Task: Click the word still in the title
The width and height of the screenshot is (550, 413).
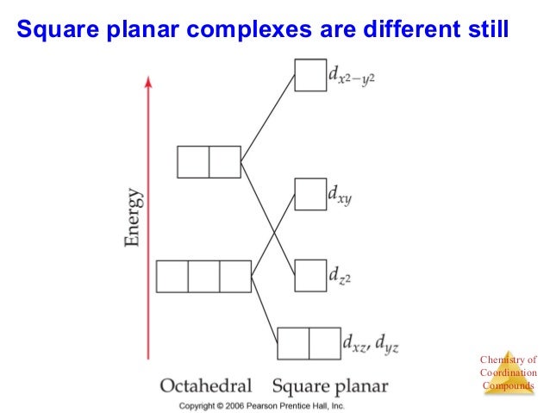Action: [486, 31]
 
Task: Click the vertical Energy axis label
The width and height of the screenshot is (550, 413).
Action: [134, 221]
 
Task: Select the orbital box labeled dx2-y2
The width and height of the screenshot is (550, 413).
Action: [310, 75]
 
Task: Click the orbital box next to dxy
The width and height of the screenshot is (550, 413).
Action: [310, 195]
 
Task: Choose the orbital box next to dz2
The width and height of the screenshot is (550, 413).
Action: [310, 276]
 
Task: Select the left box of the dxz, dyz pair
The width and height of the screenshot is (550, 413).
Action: [293, 343]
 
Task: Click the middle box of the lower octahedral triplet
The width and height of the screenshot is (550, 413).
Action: [203, 276]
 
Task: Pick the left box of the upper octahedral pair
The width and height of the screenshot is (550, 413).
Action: [193, 162]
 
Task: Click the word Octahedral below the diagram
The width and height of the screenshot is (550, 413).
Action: [206, 385]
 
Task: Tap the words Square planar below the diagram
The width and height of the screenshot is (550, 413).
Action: [330, 385]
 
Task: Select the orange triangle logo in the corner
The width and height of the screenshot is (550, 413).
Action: [509, 372]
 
